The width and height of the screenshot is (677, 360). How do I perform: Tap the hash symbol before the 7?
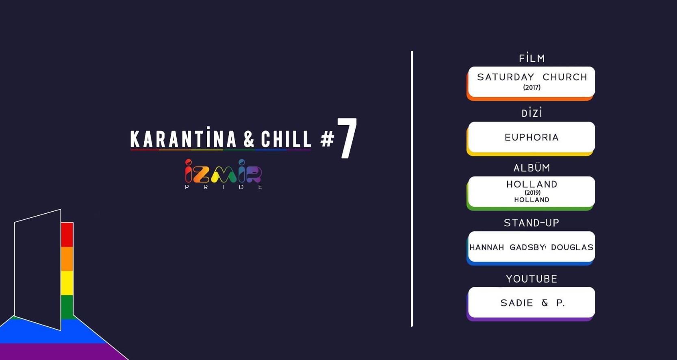pyautogui.click(x=327, y=139)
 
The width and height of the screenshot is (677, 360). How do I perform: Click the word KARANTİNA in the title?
pyautogui.click(x=183, y=139)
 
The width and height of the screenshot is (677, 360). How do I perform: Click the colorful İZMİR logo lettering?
pyautogui.click(x=223, y=171)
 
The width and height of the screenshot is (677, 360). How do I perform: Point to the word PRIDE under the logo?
pyautogui.click(x=223, y=187)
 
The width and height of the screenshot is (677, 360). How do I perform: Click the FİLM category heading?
pyautogui.click(x=532, y=59)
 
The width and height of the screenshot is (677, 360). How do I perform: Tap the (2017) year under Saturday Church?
pyautogui.click(x=532, y=88)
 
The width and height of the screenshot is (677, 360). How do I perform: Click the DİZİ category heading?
pyautogui.click(x=532, y=113)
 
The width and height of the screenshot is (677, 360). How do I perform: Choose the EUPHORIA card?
pyautogui.click(x=532, y=137)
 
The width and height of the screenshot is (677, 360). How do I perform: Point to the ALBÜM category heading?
pyautogui.click(x=532, y=168)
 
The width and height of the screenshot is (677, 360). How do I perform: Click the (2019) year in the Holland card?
pyautogui.click(x=532, y=193)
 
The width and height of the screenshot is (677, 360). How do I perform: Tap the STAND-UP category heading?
pyautogui.click(x=532, y=223)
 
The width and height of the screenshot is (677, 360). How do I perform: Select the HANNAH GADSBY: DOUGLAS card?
pyautogui.click(x=532, y=247)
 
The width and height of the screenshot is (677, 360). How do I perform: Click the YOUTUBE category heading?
pyautogui.click(x=532, y=279)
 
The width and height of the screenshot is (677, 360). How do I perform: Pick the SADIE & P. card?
pyautogui.click(x=532, y=303)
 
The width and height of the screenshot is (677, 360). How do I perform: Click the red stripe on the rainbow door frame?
pyautogui.click(x=67, y=234)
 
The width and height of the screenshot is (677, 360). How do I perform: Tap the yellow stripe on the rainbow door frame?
pyautogui.click(x=67, y=283)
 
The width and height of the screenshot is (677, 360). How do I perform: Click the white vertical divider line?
pyautogui.click(x=412, y=189)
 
